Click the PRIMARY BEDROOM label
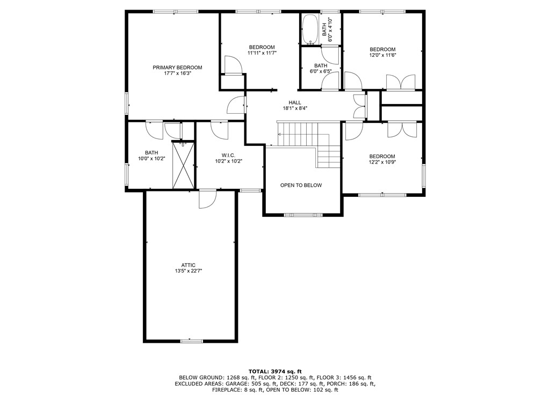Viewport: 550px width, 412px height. (177, 68)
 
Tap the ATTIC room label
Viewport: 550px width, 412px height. (188, 264)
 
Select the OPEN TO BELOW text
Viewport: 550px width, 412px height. (301, 185)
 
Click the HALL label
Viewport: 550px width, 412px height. (295, 102)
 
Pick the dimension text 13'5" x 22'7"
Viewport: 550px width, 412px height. (188, 271)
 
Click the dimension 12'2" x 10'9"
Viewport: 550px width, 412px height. (382, 162)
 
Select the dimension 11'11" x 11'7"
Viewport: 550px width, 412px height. (262, 53)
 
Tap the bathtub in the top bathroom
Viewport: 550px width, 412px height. (309, 30)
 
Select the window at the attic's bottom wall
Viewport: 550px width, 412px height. (191, 340)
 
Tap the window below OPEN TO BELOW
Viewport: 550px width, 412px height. (303, 215)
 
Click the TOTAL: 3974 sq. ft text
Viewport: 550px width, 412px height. (275, 371)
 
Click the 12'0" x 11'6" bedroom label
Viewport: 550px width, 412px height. (382, 55)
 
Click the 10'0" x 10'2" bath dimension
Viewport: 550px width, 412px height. (151, 158)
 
